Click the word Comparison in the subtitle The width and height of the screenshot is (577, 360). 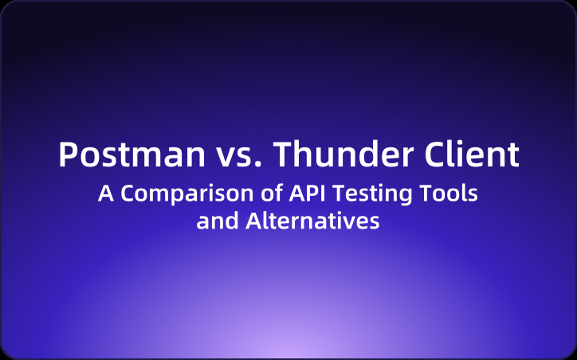[x=174, y=194]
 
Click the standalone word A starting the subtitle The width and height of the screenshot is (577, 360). [x=104, y=194]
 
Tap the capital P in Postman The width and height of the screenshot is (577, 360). [x=68, y=155]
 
